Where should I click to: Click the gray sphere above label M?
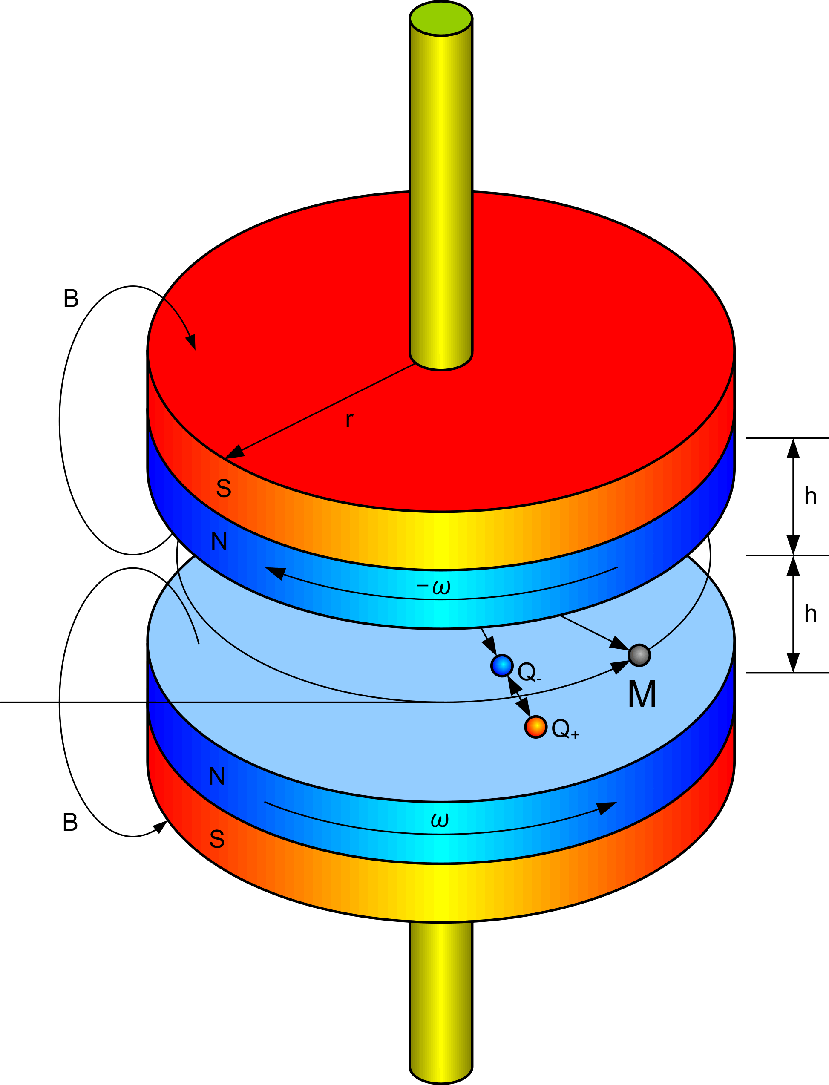[x=639, y=655]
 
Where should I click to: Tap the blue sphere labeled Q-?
[x=502, y=665]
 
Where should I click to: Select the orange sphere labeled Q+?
[x=535, y=727]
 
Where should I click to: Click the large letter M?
[x=642, y=694]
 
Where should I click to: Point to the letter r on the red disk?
[x=349, y=420]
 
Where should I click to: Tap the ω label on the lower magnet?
[x=439, y=820]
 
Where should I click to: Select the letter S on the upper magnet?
[x=224, y=489]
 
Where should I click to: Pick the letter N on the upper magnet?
[x=219, y=541]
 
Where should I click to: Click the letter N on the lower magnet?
[x=217, y=776]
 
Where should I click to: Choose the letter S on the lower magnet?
[x=217, y=839]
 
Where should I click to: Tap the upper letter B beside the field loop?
[x=71, y=299]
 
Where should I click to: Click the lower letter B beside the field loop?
[x=70, y=822]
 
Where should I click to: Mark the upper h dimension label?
[x=811, y=496]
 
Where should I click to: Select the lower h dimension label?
[x=811, y=614]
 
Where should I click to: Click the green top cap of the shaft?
[x=440, y=18]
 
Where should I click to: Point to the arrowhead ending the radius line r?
[x=234, y=453]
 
